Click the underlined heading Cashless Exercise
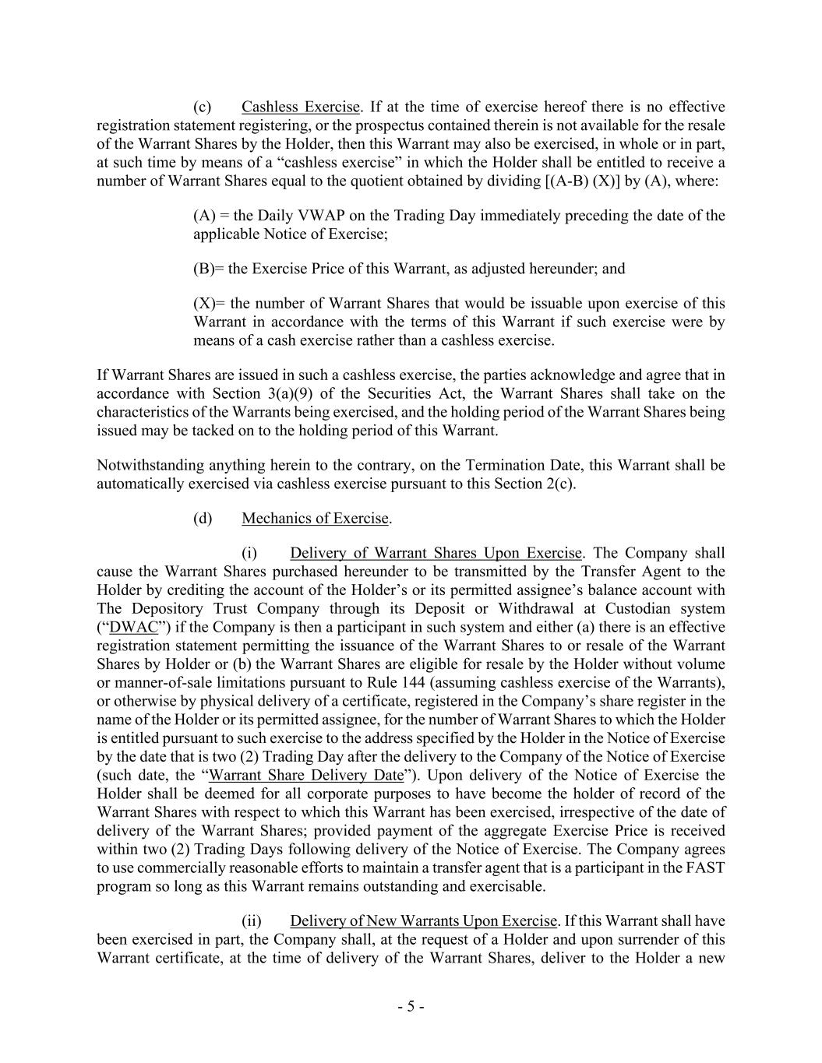click(301, 107)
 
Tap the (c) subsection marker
click(203, 107)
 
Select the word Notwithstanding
click(148, 466)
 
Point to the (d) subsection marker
click(203, 519)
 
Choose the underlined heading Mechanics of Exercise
click(315, 519)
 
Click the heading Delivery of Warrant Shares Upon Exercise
click(436, 553)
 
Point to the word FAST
click(707, 868)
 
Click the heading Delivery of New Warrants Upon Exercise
click(423, 921)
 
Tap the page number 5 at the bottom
click(411, 1007)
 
